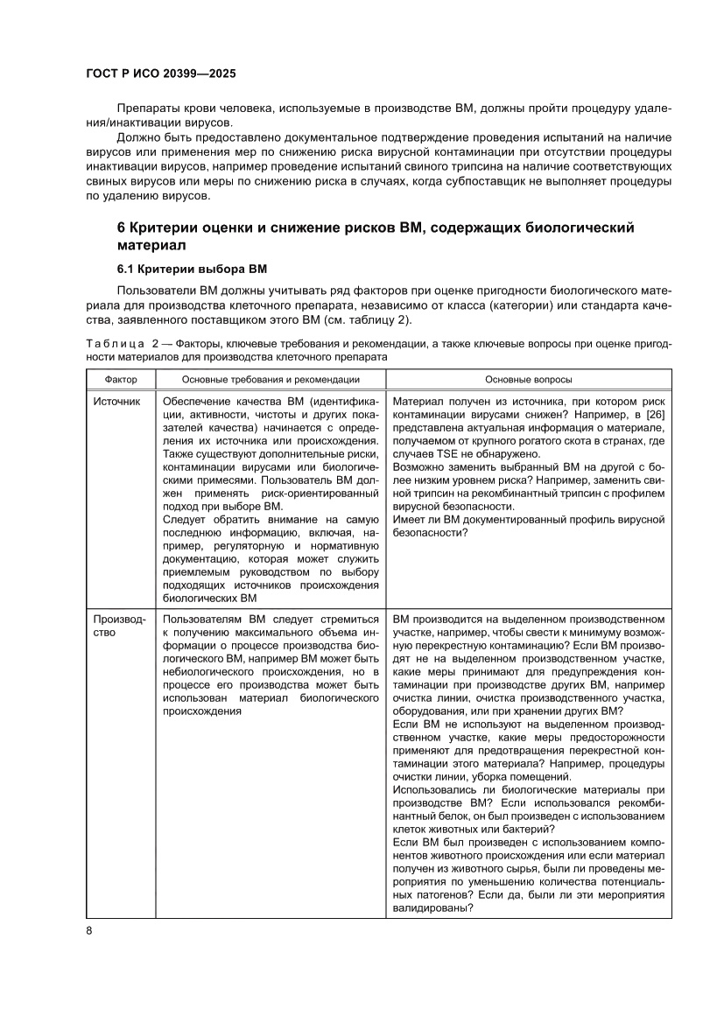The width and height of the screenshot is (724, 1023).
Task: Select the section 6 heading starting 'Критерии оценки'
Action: pos(376,236)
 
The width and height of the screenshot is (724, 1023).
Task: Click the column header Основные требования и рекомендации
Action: pos(271,380)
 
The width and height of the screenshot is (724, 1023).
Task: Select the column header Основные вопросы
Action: pos(529,380)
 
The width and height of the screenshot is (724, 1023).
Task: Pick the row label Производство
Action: pos(115,626)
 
